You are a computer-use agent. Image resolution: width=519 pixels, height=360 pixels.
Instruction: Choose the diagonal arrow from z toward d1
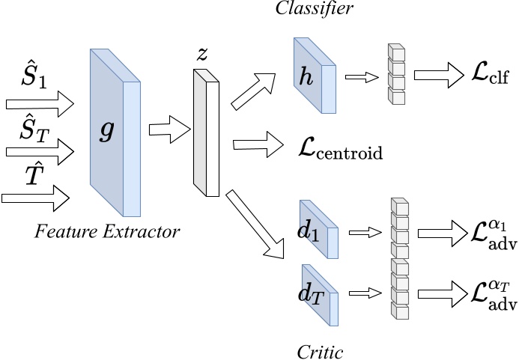tap(258, 224)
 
